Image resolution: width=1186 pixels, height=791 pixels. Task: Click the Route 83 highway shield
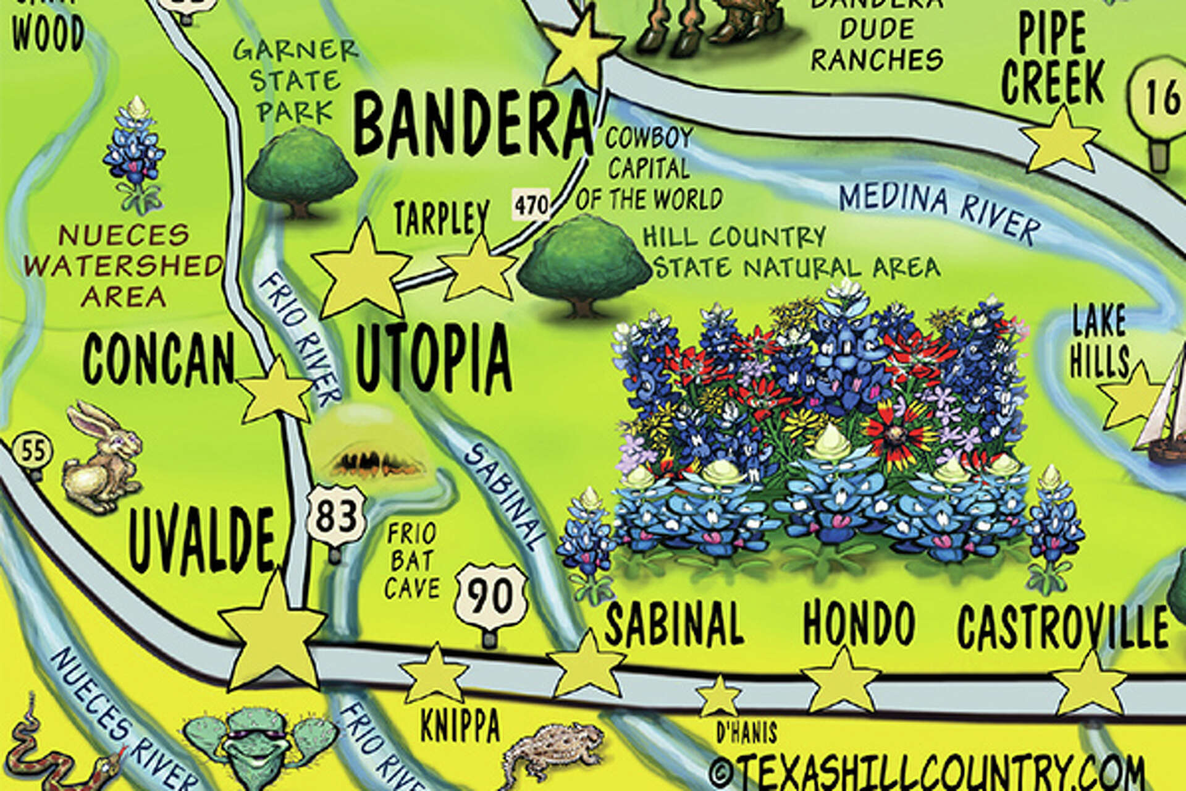coord(336,515)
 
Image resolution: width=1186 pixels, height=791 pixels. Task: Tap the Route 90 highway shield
coord(491,597)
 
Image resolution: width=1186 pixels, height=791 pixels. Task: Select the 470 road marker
coord(531,205)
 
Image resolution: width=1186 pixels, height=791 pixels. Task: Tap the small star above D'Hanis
coord(719,696)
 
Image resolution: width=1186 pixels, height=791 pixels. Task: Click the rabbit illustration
coord(102,457)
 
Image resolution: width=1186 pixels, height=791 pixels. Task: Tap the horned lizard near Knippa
coord(553,751)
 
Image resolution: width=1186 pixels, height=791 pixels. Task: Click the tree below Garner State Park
coord(301,170)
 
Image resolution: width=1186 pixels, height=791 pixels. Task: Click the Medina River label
coord(939,213)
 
